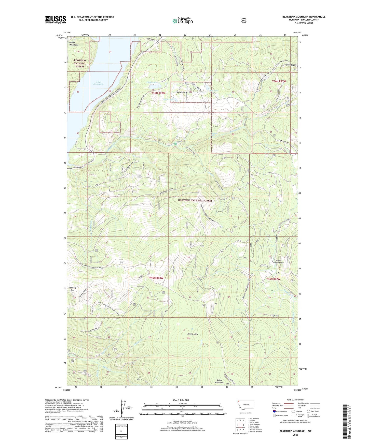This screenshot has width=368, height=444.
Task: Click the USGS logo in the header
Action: [x=56, y=20]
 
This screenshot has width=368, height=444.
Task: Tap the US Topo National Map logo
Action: [x=182, y=21]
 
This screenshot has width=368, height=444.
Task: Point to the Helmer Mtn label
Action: [x=192, y=334]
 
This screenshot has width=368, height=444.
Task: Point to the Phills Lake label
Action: [x=152, y=83]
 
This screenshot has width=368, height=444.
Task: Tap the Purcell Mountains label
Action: [x=74, y=44]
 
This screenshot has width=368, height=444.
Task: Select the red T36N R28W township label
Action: [x=158, y=93]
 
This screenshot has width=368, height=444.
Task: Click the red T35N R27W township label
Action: [x=273, y=279]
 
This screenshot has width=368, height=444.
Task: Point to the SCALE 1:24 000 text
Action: [x=181, y=400]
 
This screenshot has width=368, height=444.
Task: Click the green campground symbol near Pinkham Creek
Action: [x=175, y=144]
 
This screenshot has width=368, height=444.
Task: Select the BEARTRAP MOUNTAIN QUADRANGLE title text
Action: [x=304, y=17]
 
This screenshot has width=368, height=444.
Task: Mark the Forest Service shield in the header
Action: [x=244, y=21]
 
